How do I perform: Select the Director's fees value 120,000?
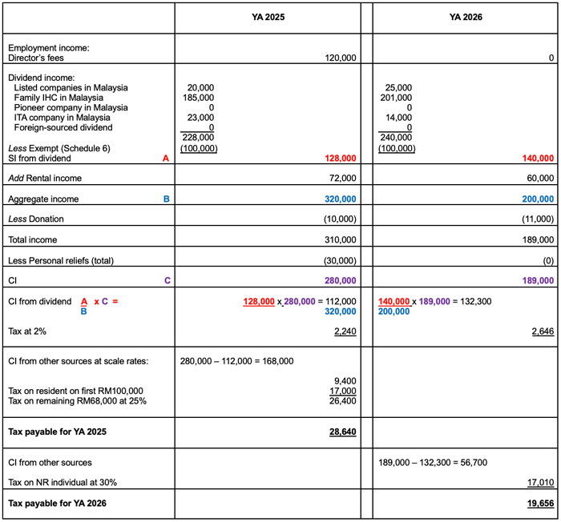pyautogui.click(x=341, y=58)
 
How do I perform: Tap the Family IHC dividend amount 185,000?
pyautogui.click(x=199, y=98)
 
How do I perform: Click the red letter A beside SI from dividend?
pyautogui.click(x=165, y=159)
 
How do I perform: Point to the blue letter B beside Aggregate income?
pyautogui.click(x=167, y=198)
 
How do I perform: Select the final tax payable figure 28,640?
pyautogui.click(x=343, y=432)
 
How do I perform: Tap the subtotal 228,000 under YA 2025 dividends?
pyautogui.click(x=198, y=137)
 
